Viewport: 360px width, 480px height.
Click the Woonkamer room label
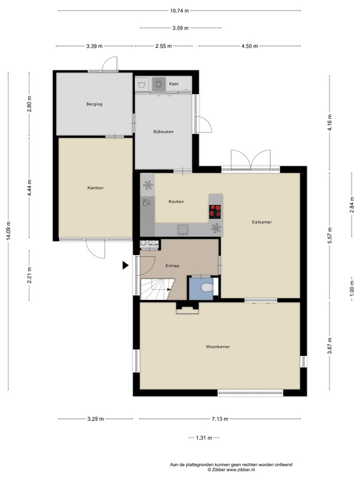(218, 347)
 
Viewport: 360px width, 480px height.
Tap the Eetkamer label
(262, 222)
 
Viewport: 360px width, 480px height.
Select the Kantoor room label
(95, 188)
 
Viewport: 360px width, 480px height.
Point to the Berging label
(94, 104)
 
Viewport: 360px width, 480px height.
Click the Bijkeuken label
(163, 131)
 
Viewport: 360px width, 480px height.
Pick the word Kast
(173, 83)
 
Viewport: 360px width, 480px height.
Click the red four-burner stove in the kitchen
(215, 211)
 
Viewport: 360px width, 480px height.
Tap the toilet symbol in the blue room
(208, 288)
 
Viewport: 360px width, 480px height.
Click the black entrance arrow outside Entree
(125, 265)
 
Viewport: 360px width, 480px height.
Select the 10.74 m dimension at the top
(179, 11)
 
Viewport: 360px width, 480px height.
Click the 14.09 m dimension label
(8, 231)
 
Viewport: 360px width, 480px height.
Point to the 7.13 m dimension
(220, 419)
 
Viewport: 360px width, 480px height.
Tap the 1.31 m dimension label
(204, 438)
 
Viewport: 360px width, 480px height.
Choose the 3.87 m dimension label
(329, 346)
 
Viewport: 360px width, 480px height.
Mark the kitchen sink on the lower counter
(183, 229)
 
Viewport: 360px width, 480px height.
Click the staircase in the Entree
(157, 289)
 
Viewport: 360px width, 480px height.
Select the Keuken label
(176, 202)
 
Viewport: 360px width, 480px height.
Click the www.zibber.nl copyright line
(231, 469)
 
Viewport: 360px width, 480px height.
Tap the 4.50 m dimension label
(250, 46)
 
